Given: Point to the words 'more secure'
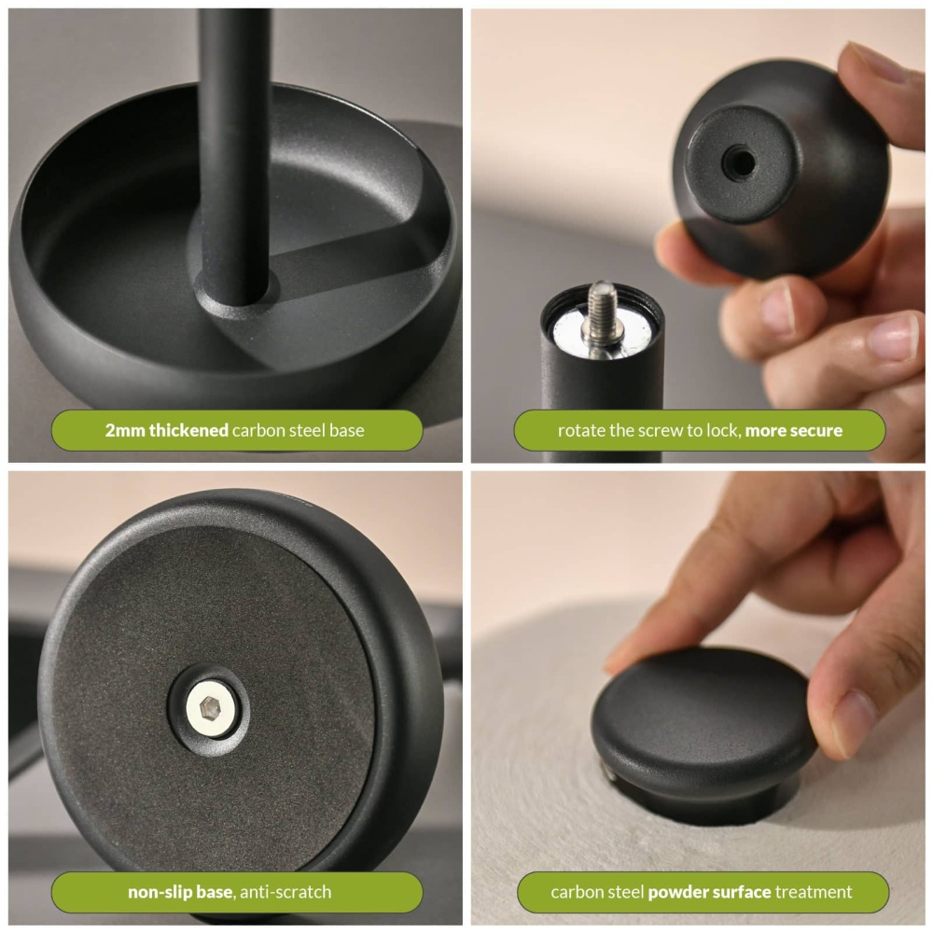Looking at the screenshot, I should (x=793, y=430).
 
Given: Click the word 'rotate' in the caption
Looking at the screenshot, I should (x=581, y=430).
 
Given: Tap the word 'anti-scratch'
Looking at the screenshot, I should (x=285, y=892).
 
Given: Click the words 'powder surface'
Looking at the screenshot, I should (x=709, y=892).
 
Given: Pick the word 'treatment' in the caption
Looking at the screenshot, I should (x=814, y=892).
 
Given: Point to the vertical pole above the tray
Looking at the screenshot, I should (x=233, y=140).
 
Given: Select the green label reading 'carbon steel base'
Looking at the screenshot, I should (x=235, y=430).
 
